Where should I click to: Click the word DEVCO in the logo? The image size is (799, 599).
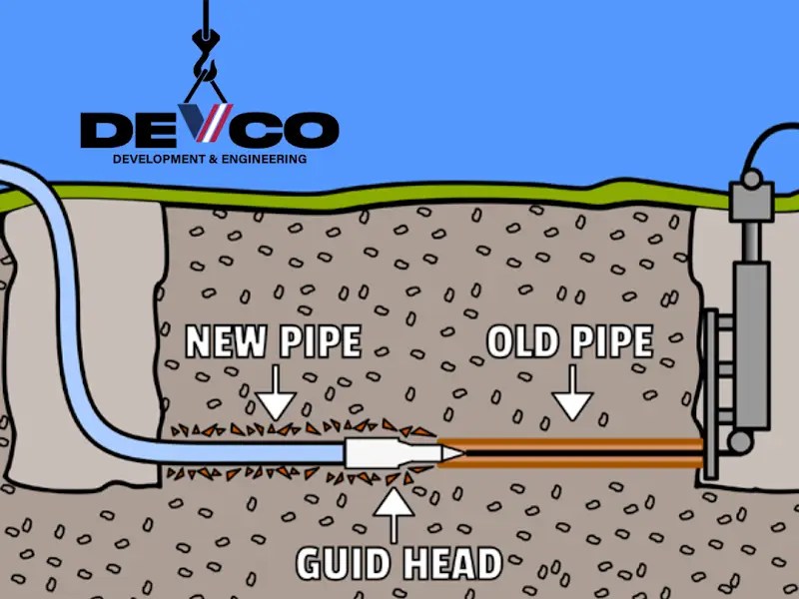(x=209, y=130)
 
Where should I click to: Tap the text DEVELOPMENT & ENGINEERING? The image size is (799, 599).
(x=209, y=159)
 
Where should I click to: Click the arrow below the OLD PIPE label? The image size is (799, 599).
(x=572, y=397)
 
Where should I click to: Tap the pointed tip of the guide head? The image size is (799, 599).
(x=455, y=452)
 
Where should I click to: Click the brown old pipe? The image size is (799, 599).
(x=579, y=451)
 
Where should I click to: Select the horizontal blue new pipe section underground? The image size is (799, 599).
(x=250, y=452)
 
